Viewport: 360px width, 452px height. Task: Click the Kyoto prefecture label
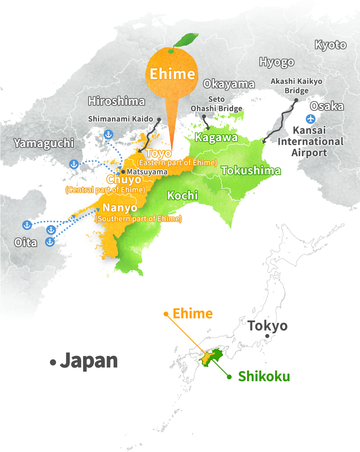(331, 45)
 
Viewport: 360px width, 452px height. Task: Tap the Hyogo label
(277, 62)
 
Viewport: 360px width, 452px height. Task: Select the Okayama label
(229, 84)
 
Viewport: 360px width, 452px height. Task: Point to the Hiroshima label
(116, 101)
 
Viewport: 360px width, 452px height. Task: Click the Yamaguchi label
(44, 143)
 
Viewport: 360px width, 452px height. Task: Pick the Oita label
(26, 243)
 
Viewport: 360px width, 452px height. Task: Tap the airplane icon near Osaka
(310, 118)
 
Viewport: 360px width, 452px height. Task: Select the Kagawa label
(216, 137)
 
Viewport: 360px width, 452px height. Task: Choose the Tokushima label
(251, 170)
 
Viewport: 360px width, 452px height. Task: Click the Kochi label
(182, 195)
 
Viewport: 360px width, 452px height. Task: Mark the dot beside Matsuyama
(123, 172)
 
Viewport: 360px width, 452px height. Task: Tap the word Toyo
(159, 153)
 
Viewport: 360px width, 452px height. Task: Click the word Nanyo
(120, 208)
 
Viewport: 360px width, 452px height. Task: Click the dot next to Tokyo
(267, 336)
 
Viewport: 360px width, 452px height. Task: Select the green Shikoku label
(264, 376)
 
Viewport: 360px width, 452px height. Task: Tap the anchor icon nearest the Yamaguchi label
(74, 164)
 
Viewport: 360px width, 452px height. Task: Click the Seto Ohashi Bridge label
(217, 104)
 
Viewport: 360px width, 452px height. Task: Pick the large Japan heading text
(89, 361)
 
